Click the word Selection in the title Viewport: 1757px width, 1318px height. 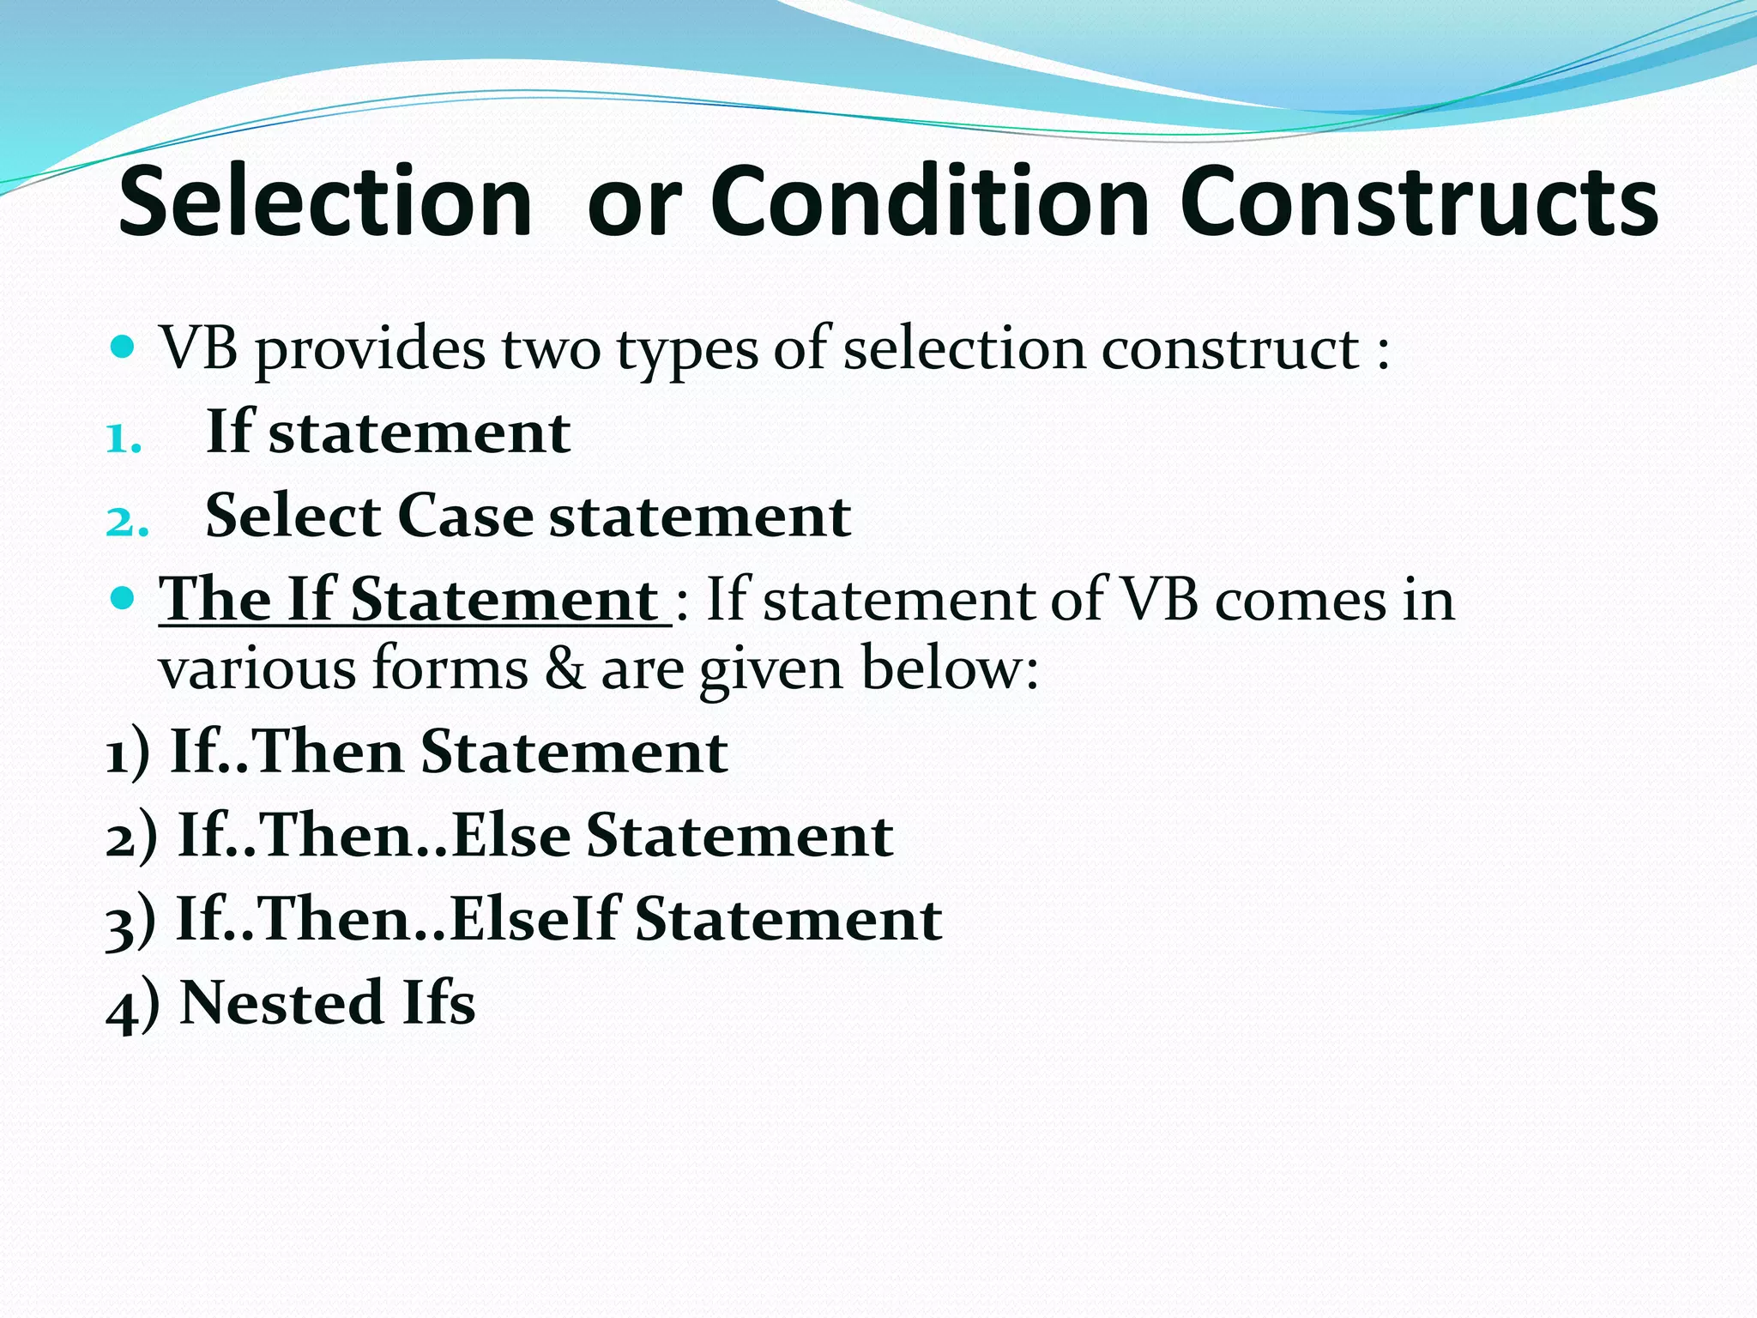pos(325,202)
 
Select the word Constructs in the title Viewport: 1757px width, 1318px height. pos(1419,202)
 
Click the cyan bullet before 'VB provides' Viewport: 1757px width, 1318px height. pos(124,347)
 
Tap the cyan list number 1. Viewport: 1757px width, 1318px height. pos(123,438)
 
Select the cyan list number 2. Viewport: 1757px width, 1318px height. pos(126,522)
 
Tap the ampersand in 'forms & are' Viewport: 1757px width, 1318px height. pos(565,669)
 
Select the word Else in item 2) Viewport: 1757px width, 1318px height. pos(511,835)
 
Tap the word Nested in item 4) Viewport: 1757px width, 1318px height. pos(281,1002)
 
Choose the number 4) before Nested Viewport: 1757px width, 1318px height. pos(132,1006)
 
